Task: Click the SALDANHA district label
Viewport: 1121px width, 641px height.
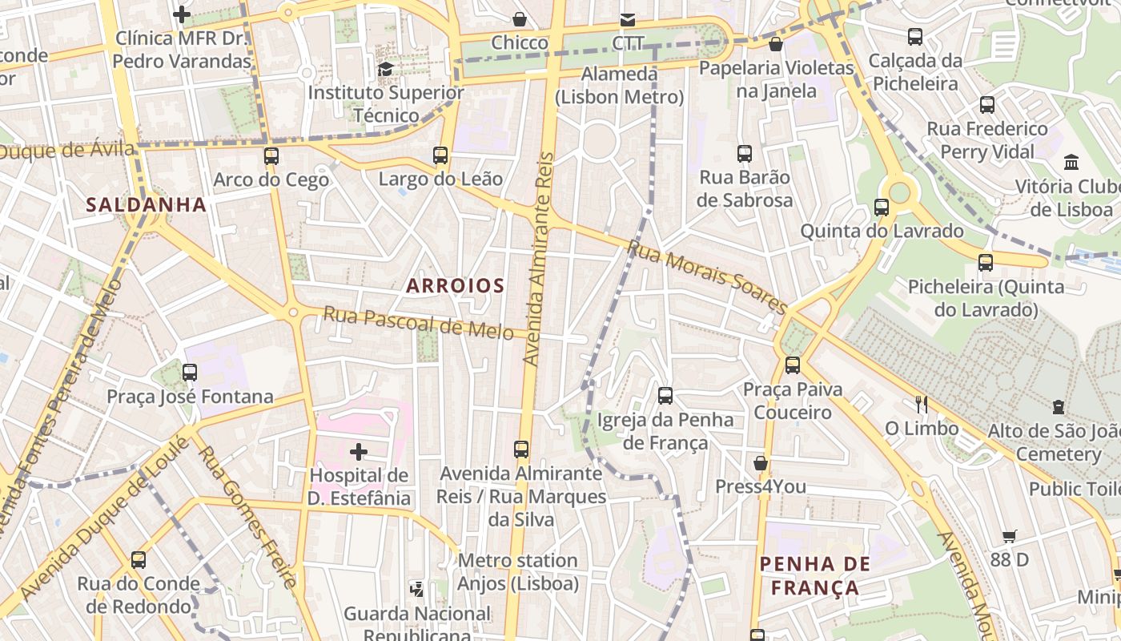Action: (x=147, y=204)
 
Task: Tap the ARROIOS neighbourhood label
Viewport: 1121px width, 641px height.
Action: (x=455, y=285)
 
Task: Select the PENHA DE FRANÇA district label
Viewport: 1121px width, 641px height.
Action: (x=809, y=575)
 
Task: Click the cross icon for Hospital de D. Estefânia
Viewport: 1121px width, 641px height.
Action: (x=359, y=452)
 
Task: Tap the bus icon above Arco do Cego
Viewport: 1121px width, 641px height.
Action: (x=271, y=156)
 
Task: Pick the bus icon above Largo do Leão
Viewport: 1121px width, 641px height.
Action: (x=440, y=155)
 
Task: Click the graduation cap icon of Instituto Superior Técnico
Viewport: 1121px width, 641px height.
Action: (x=385, y=69)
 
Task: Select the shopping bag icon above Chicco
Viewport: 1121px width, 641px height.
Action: (x=520, y=19)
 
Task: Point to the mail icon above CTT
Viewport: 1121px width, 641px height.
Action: (x=628, y=19)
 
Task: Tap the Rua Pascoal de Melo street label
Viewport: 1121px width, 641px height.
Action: (x=418, y=322)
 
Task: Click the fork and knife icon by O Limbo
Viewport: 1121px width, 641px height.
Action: (x=922, y=404)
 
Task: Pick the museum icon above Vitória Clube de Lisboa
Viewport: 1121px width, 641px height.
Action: (x=1071, y=163)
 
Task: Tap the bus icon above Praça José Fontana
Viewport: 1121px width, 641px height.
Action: (x=190, y=373)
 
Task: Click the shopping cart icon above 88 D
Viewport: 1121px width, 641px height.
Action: (x=1010, y=536)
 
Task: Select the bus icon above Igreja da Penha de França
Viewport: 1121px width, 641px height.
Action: (x=665, y=396)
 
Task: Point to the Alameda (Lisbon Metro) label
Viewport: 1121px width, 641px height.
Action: (x=620, y=86)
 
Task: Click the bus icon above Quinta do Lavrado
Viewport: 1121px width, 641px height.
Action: (x=882, y=208)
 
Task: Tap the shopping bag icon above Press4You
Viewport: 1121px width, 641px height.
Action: (x=761, y=463)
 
